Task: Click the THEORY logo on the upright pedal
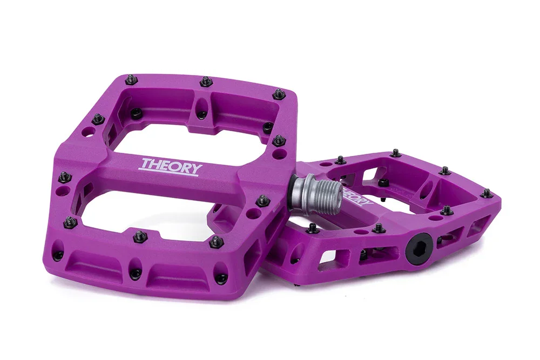(170, 165)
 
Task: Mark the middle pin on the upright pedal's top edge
(205, 81)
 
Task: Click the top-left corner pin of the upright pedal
(130, 80)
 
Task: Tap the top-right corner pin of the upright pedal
(279, 94)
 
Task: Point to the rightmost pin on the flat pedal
(488, 193)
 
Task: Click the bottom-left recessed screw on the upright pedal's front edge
(58, 254)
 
